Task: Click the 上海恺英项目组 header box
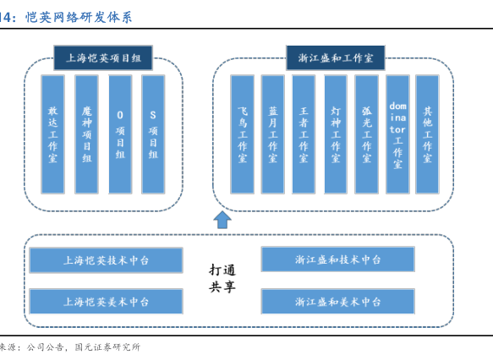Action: pos(103,57)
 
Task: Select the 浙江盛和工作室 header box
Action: pos(336,57)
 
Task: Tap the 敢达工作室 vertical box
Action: pos(52,134)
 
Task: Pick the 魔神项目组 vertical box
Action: pos(87,134)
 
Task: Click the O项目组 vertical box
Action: pos(120,134)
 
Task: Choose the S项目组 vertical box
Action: pos(153,134)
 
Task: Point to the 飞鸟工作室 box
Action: pos(242,134)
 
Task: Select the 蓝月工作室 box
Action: pos(272,134)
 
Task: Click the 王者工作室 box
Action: pos(304,134)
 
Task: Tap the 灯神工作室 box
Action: pos(336,134)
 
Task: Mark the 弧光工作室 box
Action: pos(367,134)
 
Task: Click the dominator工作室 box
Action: pos(397,134)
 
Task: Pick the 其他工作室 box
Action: pos(427,134)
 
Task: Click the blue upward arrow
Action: pos(222,220)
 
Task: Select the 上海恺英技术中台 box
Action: pos(106,260)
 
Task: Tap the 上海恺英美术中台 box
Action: pos(106,302)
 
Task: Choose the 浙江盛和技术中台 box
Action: pos(338,259)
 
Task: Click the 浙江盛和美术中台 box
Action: pos(338,302)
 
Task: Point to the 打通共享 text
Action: pos(222,278)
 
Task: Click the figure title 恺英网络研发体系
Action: pos(79,17)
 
